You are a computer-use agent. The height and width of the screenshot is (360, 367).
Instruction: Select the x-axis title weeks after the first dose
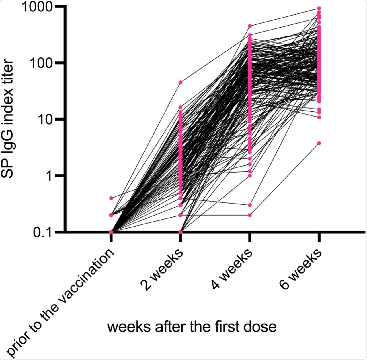coord(192,327)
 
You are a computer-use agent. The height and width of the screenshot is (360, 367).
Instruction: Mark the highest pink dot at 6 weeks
coord(319,8)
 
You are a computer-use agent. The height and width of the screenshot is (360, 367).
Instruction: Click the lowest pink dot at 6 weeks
coord(319,143)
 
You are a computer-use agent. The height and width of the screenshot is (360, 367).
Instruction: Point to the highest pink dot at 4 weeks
coord(250,26)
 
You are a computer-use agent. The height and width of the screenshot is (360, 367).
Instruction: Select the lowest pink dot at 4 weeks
coord(250,215)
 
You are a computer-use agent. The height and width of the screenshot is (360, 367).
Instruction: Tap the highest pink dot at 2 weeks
coord(180,82)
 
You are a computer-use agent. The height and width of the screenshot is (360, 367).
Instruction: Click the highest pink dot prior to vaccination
coord(111,198)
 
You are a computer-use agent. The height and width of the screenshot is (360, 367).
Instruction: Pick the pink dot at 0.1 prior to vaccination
coord(111,231)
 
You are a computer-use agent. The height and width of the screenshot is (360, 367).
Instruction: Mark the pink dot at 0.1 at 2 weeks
coord(180,231)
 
